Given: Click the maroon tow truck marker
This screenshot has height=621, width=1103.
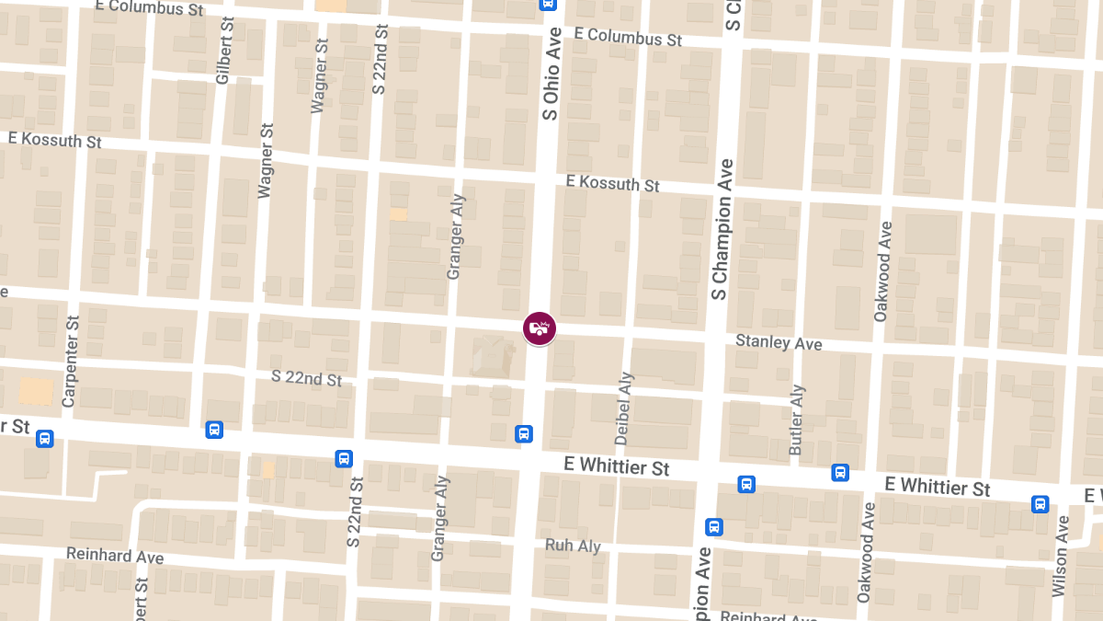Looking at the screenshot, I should pyautogui.click(x=540, y=328).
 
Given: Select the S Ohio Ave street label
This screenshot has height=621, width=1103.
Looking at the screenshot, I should pyautogui.click(x=551, y=74).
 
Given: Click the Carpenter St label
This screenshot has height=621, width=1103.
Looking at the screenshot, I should pyautogui.click(x=71, y=362).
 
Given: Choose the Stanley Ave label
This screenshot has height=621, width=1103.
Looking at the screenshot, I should pyautogui.click(x=779, y=343).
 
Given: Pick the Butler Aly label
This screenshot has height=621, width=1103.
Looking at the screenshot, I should pyautogui.click(x=797, y=420).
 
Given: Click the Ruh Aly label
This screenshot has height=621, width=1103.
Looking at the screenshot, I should pyautogui.click(x=573, y=546).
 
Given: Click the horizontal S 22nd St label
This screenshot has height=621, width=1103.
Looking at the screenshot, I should pyautogui.click(x=307, y=378).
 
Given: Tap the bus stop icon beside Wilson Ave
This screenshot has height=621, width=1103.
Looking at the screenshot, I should pyautogui.click(x=1040, y=504).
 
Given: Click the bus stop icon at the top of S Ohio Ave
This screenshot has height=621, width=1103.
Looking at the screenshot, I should pyautogui.click(x=548, y=4).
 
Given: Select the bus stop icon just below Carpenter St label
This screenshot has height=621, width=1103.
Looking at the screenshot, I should pyautogui.click(x=44, y=440).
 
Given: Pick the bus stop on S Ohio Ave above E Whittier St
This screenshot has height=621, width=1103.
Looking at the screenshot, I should pyautogui.click(x=524, y=433).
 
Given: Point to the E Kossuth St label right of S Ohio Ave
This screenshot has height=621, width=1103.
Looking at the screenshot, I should pyautogui.click(x=613, y=184).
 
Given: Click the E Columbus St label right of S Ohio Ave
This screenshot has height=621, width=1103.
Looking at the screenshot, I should pyautogui.click(x=628, y=38).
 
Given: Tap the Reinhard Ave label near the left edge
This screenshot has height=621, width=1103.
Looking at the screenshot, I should pyautogui.click(x=115, y=556).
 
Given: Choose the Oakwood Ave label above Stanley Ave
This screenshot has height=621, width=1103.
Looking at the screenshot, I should pyautogui.click(x=882, y=271).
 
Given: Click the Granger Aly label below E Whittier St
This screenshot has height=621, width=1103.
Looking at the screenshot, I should pyautogui.click(x=440, y=519).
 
